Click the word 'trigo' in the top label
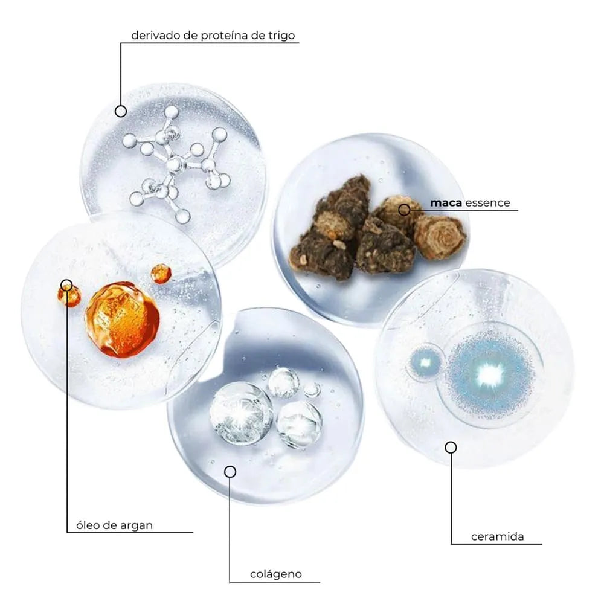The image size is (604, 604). [281, 36]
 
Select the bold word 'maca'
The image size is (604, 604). [446, 202]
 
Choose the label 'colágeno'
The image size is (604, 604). [276, 574]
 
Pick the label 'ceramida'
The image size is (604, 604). [497, 536]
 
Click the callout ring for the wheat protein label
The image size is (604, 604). [121, 111]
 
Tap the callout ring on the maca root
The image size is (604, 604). [404, 210]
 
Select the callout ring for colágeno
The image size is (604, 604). [230, 472]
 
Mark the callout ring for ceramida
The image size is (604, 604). [451, 447]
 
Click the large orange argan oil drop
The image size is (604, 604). [122, 320]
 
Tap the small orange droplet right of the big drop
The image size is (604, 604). [161, 274]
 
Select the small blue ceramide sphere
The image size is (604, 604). [425, 362]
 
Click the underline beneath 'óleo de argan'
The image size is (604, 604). [130, 532]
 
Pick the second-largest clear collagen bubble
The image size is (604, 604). [300, 425]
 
